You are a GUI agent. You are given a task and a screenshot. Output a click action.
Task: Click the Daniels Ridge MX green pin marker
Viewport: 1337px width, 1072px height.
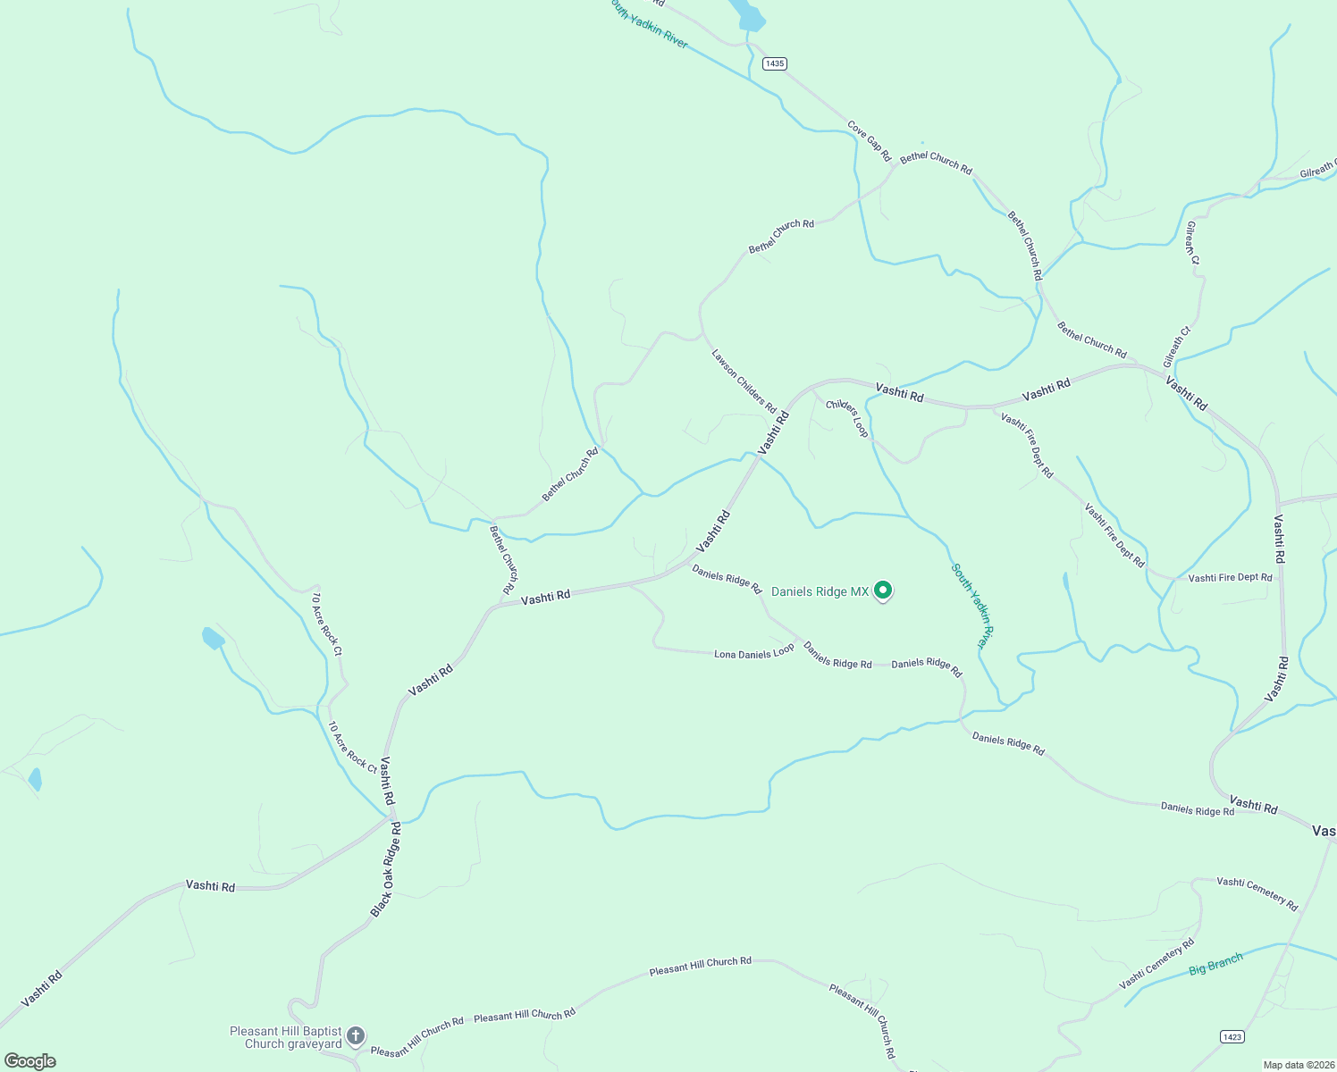pyautogui.click(x=883, y=590)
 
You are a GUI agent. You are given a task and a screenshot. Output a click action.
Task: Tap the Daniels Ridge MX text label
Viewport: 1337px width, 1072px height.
pyautogui.click(x=820, y=591)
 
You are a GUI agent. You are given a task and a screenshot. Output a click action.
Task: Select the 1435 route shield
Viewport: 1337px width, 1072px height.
pyautogui.click(x=775, y=63)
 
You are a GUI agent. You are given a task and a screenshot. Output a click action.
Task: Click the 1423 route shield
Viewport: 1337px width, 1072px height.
pyautogui.click(x=1232, y=1036)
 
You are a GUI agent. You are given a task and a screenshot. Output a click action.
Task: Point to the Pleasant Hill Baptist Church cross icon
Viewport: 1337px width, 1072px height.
pyautogui.click(x=356, y=1036)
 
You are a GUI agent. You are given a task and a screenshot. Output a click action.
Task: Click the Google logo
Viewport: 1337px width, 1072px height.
pyautogui.click(x=30, y=1061)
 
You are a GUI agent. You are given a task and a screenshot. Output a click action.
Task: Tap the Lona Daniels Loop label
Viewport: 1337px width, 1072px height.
pyautogui.click(x=753, y=654)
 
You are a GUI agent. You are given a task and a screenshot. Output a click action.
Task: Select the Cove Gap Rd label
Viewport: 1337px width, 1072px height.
pyautogui.click(x=870, y=141)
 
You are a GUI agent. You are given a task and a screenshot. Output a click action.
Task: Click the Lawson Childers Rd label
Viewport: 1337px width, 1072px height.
pyautogui.click(x=744, y=381)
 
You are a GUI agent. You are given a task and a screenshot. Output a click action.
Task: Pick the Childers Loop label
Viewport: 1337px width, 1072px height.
pyautogui.click(x=847, y=418)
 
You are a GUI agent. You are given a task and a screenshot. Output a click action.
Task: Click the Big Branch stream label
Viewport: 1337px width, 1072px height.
pyautogui.click(x=1215, y=965)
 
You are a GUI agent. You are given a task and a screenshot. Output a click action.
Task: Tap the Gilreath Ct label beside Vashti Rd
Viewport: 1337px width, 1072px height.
pyautogui.click(x=1178, y=348)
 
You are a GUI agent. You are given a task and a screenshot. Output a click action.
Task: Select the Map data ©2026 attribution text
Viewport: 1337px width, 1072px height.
pyautogui.click(x=1299, y=1065)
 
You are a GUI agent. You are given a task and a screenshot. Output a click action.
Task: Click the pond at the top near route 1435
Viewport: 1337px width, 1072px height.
pyautogui.click(x=747, y=15)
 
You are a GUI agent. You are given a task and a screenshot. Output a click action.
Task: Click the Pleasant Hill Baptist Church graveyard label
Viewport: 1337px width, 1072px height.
pyautogui.click(x=286, y=1037)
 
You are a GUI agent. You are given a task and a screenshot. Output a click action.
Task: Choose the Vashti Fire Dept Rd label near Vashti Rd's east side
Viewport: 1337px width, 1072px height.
pyautogui.click(x=1230, y=578)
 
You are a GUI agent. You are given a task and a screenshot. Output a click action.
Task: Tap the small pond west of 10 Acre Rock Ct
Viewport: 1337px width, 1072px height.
pyautogui.click(x=213, y=638)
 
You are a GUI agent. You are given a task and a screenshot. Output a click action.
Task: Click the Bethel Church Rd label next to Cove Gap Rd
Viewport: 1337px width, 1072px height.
pyautogui.click(x=936, y=162)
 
